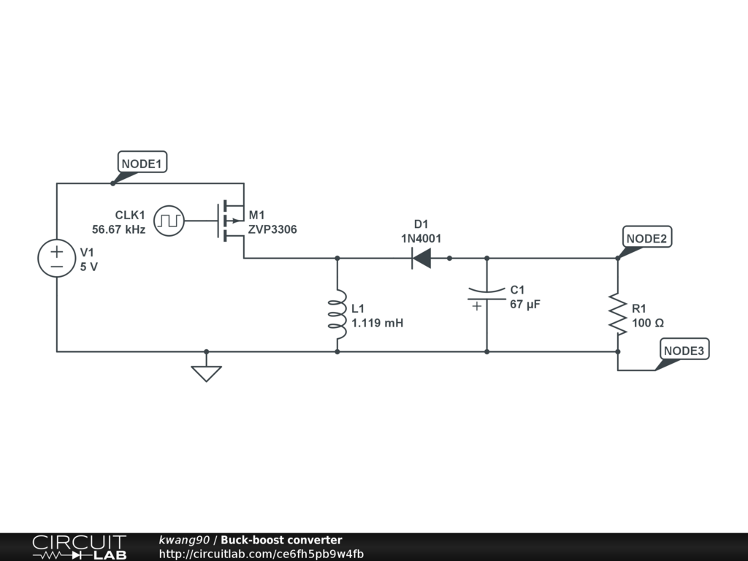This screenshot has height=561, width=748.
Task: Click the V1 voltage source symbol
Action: click(57, 258)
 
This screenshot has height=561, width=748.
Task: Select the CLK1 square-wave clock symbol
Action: click(169, 221)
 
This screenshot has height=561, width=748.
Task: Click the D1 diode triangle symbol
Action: click(421, 259)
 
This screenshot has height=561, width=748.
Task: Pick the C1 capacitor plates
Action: click(486, 294)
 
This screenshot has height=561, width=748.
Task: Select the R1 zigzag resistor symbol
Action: click(618, 314)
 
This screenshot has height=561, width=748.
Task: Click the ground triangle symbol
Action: click(206, 373)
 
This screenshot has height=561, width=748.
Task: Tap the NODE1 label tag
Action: click(142, 163)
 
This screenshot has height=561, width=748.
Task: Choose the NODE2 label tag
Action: click(647, 237)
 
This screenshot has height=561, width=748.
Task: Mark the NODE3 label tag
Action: click(684, 350)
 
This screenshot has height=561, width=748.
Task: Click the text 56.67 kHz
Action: click(119, 229)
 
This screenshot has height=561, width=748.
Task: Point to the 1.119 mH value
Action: click(378, 323)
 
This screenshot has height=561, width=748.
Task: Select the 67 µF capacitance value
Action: click(525, 305)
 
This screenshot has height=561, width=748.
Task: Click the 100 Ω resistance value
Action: click(648, 323)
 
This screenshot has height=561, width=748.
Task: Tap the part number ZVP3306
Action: click(272, 229)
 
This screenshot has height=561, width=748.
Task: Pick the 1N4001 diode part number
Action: click(421, 239)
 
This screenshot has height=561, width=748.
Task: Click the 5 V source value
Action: click(88, 267)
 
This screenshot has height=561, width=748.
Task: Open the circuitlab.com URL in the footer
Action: click(262, 554)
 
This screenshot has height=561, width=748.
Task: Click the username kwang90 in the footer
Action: click(184, 540)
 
